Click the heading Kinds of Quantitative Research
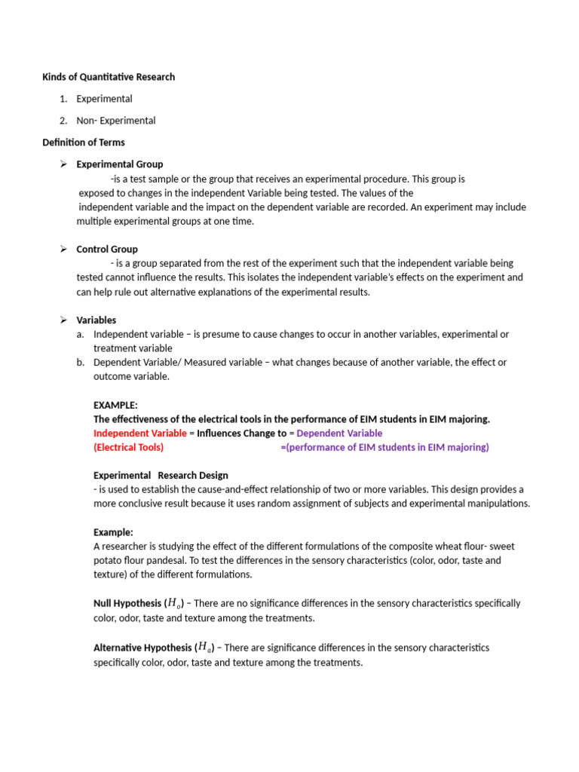coord(108,77)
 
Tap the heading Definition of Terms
coord(83,142)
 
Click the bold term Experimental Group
coord(119,164)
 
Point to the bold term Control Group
coord(107,250)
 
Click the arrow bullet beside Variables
coord(64,320)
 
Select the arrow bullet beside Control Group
coord(64,250)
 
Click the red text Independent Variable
coord(139,433)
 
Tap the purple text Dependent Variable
coord(340,433)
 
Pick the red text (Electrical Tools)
coord(128,448)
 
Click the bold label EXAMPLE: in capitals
coord(115,405)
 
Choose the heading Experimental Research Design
coord(161,476)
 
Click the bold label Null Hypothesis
coord(127,604)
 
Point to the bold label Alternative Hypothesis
coord(142,648)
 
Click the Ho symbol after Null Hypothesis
coord(174,604)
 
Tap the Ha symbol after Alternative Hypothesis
coord(204,648)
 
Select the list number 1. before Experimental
coord(63,99)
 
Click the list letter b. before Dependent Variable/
coord(81,363)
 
